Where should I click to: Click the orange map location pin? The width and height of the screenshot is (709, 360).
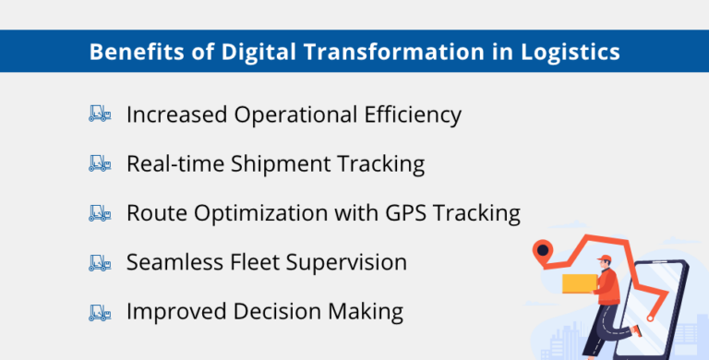click(x=543, y=250)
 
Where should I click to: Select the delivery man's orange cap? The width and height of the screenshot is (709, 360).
click(x=604, y=258)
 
